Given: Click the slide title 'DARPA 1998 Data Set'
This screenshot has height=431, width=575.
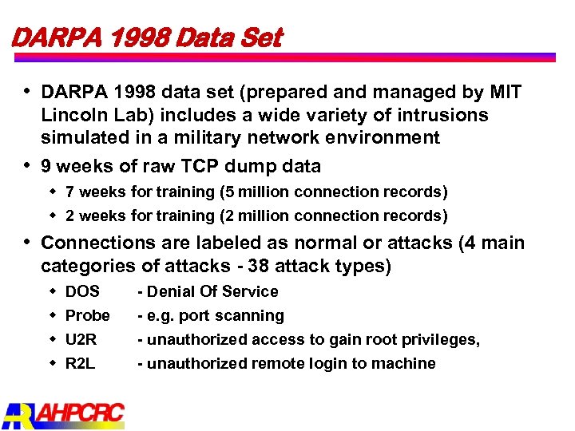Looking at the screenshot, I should click(x=146, y=37).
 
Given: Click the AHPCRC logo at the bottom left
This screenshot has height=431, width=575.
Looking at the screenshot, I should click(x=64, y=413).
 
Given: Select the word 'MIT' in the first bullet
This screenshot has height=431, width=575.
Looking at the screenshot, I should click(x=505, y=93).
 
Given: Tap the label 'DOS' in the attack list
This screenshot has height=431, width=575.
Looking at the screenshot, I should click(x=82, y=291).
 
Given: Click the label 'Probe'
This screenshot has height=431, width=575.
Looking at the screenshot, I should click(x=87, y=315).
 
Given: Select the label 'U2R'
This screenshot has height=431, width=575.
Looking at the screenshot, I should click(x=81, y=339).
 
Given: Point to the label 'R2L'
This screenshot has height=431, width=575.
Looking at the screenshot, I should click(x=81, y=363).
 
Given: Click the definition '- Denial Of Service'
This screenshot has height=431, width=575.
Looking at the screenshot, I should click(x=208, y=291).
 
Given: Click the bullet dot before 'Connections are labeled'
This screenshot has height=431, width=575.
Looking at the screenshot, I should click(x=28, y=241).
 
